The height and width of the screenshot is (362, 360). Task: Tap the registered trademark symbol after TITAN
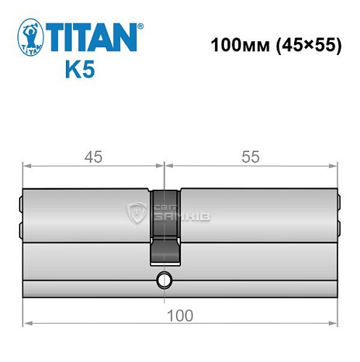141,25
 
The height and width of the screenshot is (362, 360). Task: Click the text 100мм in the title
234,46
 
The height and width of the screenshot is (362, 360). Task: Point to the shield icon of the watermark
136,212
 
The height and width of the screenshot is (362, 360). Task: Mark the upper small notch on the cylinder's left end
20,205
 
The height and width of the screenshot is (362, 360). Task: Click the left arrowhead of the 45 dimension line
27,167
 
